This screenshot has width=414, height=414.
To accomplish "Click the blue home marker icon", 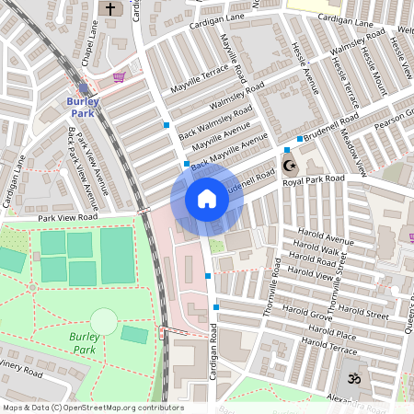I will coord(207,199).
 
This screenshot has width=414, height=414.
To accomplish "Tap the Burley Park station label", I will coord(82,107).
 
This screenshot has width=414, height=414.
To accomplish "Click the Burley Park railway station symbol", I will coord(84,87).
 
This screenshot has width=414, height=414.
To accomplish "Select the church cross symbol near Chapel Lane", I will coord(111,9).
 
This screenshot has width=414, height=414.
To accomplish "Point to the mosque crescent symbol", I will coord(290,166).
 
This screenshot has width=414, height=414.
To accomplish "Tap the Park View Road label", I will coord(65,217).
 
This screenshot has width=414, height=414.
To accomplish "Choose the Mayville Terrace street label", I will coord(199,79).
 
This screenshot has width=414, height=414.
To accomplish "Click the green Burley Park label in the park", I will coord(85,343).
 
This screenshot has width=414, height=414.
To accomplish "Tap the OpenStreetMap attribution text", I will coord(92,408).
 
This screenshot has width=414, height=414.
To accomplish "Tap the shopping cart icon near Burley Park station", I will coord(119,78).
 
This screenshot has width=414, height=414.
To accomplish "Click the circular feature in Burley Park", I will coord(104,321).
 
